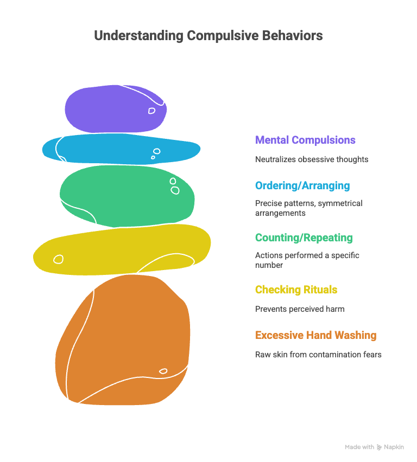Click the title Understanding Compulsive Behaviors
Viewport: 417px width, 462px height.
coord(208,36)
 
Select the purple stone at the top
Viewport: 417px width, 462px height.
coord(114,108)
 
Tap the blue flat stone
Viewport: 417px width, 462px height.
coord(119,149)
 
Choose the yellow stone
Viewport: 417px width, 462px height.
coord(119,249)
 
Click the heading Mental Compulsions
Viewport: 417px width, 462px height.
coord(305,140)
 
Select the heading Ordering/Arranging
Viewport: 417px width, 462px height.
coord(302,185)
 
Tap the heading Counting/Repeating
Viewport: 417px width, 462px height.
coord(304,238)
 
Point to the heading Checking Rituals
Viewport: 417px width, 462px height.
coord(296,290)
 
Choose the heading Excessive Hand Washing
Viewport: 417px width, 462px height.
coord(315,335)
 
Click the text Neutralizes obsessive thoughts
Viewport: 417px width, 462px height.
coord(312,159)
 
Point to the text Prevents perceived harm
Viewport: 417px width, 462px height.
coord(300,309)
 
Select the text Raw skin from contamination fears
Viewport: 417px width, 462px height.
coord(318,355)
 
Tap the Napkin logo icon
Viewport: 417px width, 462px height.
coord(379,447)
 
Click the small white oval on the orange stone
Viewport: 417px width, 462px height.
coord(163,371)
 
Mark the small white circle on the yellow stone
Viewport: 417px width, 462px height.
coord(58,259)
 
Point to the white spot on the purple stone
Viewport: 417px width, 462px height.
coord(151,111)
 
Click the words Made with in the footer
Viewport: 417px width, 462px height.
coord(359,447)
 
